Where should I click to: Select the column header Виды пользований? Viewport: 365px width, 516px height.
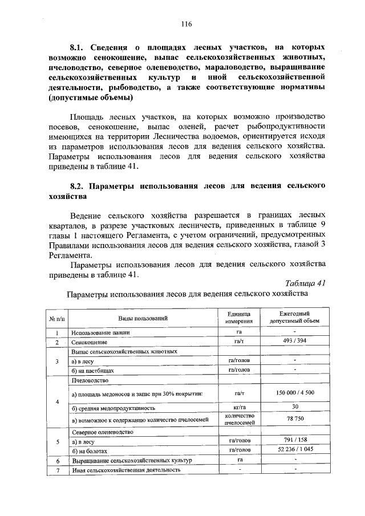point(143,318)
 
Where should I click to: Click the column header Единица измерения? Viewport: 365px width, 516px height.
point(238,318)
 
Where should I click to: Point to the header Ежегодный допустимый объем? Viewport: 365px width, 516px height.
point(294,318)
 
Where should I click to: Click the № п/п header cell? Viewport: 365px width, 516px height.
point(57,318)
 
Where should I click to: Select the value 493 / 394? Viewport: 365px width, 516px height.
point(294,341)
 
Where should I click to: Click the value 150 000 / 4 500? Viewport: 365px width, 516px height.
point(294,393)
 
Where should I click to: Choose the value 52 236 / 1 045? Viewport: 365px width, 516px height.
point(294,449)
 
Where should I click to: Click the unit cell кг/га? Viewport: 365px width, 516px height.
point(238,407)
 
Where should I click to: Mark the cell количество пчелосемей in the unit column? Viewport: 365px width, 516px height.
point(238,420)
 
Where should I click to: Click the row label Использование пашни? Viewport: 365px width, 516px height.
point(100,332)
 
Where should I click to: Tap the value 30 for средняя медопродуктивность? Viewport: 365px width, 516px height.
point(294,407)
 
